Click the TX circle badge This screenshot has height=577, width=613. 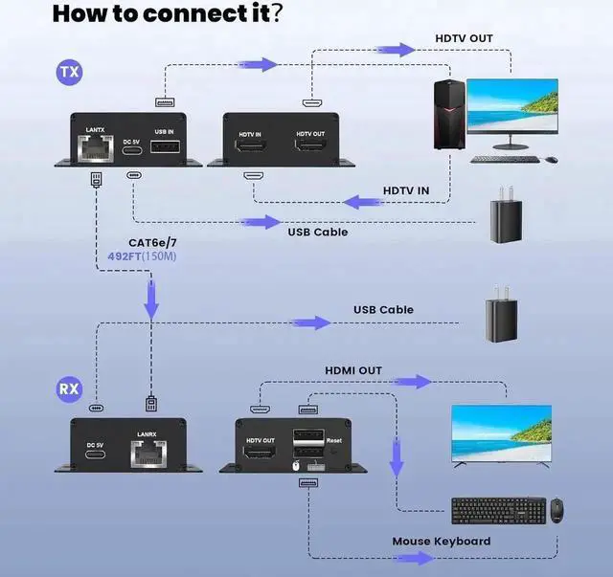(x=68, y=72)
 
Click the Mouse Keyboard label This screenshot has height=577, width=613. (x=441, y=542)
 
